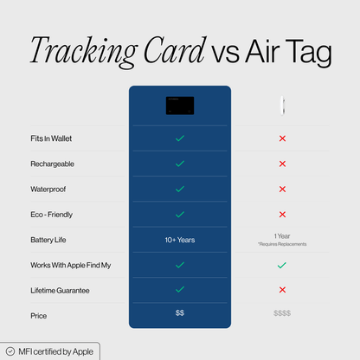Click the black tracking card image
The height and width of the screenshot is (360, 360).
click(179, 105)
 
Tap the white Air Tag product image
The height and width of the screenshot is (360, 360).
click(282, 106)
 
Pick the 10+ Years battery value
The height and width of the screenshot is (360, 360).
click(179, 240)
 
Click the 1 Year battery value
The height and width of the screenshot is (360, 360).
click(282, 235)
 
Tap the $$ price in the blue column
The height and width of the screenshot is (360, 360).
click(179, 312)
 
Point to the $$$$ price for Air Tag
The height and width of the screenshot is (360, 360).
click(282, 314)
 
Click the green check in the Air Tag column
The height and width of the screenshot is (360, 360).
click(282, 265)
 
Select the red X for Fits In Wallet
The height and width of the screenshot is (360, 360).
click(282, 138)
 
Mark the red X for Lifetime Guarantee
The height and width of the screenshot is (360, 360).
click(282, 290)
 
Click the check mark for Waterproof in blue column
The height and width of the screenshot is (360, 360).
click(179, 189)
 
